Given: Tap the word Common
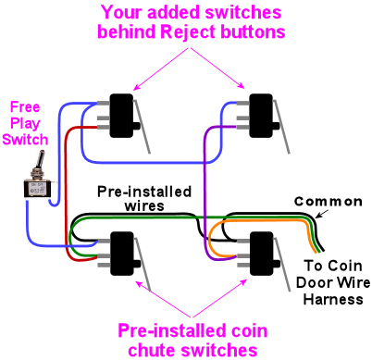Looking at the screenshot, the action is (x=329, y=202).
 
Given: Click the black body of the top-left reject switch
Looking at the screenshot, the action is (x=122, y=116).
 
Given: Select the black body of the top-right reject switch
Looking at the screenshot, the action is (x=262, y=116).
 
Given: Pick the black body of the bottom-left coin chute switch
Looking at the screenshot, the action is (x=122, y=253).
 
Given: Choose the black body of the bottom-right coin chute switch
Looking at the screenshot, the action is (x=262, y=253).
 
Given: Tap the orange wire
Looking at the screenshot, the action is (x=261, y=221).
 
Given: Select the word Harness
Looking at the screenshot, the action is (x=333, y=299).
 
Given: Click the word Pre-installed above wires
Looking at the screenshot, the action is (x=144, y=192).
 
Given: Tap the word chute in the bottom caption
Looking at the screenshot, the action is (x=152, y=350).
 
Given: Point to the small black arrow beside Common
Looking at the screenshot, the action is (x=323, y=213).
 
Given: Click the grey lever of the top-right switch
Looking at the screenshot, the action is (x=281, y=127).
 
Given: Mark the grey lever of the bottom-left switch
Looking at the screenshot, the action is (x=142, y=264).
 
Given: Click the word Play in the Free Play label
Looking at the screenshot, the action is (x=25, y=124).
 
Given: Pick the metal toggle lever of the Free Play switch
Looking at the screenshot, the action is (x=40, y=161).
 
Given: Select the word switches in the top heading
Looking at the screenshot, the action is (x=243, y=13).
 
